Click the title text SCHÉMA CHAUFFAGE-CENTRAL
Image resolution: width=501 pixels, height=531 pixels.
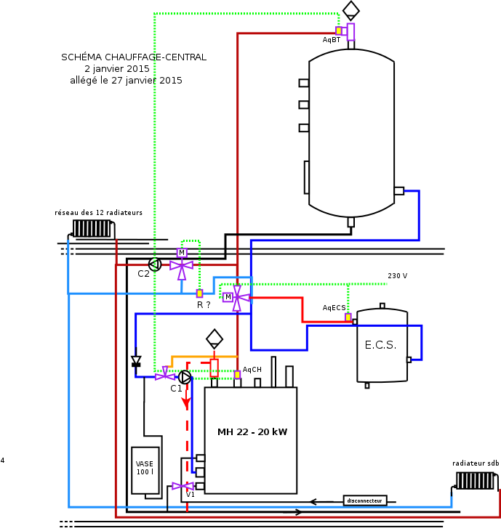134,57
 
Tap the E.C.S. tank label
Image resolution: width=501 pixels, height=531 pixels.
380,345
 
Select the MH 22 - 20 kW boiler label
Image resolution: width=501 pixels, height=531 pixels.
252,432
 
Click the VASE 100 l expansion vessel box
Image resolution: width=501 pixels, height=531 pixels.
145,468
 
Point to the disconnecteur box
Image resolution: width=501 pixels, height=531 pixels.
364,500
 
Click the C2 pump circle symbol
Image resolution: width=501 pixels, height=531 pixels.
154,264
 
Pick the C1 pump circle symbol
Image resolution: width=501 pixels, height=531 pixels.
185,377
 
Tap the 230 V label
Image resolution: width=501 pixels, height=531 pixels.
398,276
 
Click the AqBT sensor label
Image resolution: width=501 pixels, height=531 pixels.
332,40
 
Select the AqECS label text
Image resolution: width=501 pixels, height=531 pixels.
334,308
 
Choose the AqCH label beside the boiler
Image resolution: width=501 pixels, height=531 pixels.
252,370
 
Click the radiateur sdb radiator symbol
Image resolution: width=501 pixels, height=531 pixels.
475,481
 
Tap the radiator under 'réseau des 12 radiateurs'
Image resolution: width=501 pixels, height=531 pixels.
92,228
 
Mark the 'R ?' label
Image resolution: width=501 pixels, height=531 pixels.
204,305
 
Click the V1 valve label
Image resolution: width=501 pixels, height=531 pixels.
191,495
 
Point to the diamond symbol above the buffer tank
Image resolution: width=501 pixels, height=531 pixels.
351,9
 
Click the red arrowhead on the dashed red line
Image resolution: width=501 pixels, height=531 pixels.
186,401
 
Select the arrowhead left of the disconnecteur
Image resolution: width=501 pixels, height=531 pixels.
313,501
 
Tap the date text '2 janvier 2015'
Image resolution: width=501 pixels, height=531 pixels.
117,68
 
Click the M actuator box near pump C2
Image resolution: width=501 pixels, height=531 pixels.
182,252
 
